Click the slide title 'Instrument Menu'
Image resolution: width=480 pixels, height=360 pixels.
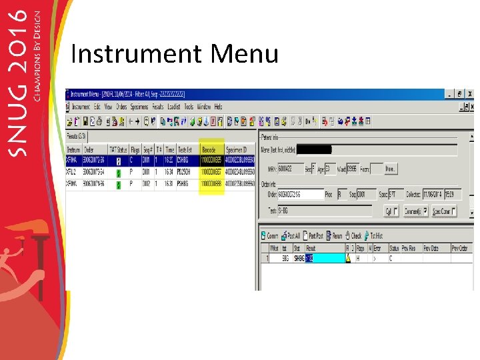174,53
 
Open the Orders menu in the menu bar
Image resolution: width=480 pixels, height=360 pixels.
121,107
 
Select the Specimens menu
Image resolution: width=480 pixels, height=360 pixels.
139,107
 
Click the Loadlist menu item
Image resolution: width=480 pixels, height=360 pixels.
174,107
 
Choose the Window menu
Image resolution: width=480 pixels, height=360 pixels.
204,107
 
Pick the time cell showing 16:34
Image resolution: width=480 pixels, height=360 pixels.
170,172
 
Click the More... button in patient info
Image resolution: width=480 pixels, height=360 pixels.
391,169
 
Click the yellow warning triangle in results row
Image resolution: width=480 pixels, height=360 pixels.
348,258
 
